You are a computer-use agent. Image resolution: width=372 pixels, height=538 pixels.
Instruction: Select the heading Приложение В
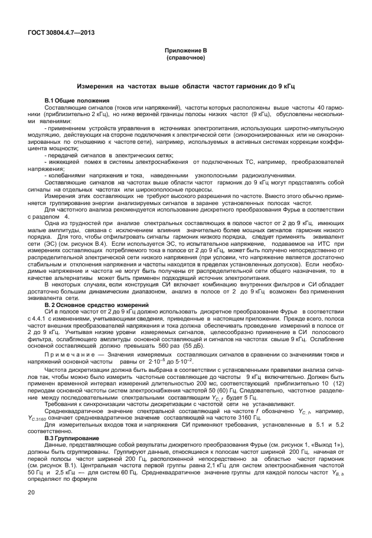185,51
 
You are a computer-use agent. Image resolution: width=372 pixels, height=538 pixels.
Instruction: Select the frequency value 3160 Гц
248,417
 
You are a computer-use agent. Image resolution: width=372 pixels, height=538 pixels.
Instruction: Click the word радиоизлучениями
266,176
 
